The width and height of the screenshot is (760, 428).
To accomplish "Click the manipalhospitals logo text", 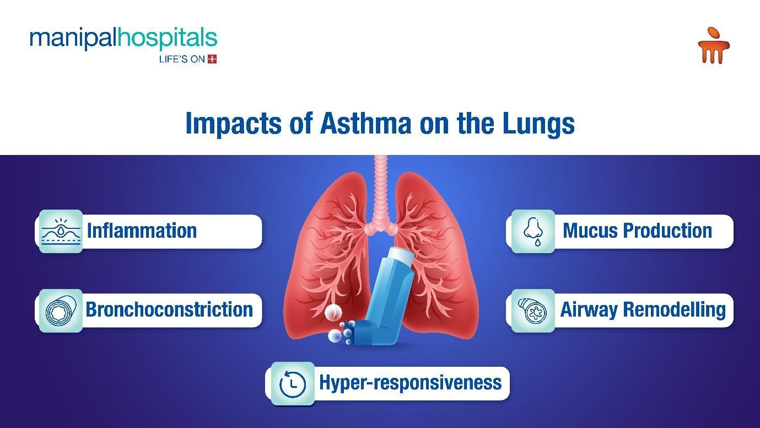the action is click(x=123, y=39).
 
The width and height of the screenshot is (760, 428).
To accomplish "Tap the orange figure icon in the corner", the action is click(x=714, y=45).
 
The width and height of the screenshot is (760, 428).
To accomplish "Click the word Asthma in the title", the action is click(x=366, y=124).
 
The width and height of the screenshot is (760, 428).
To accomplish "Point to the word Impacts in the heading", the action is click(x=234, y=124).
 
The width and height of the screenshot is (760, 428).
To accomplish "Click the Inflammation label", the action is click(x=142, y=231).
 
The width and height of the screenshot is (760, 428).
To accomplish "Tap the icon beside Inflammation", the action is click(x=61, y=232).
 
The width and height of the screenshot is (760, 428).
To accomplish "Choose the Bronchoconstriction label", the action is click(x=169, y=309).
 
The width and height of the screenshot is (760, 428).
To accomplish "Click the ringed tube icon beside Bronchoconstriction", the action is click(x=61, y=311).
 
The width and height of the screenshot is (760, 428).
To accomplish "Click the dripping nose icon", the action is click(x=533, y=232).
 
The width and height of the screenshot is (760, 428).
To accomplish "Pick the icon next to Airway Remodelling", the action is click(x=533, y=311).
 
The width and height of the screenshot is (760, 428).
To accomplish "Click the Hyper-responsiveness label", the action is click(x=411, y=383).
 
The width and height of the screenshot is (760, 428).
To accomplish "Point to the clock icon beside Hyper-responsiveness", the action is click(x=293, y=384).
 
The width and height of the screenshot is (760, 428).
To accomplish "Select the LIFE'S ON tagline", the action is click(x=182, y=60).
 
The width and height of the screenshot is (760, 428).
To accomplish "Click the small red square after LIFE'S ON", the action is click(x=212, y=59).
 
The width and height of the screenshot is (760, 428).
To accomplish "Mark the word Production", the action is click(x=668, y=231).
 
